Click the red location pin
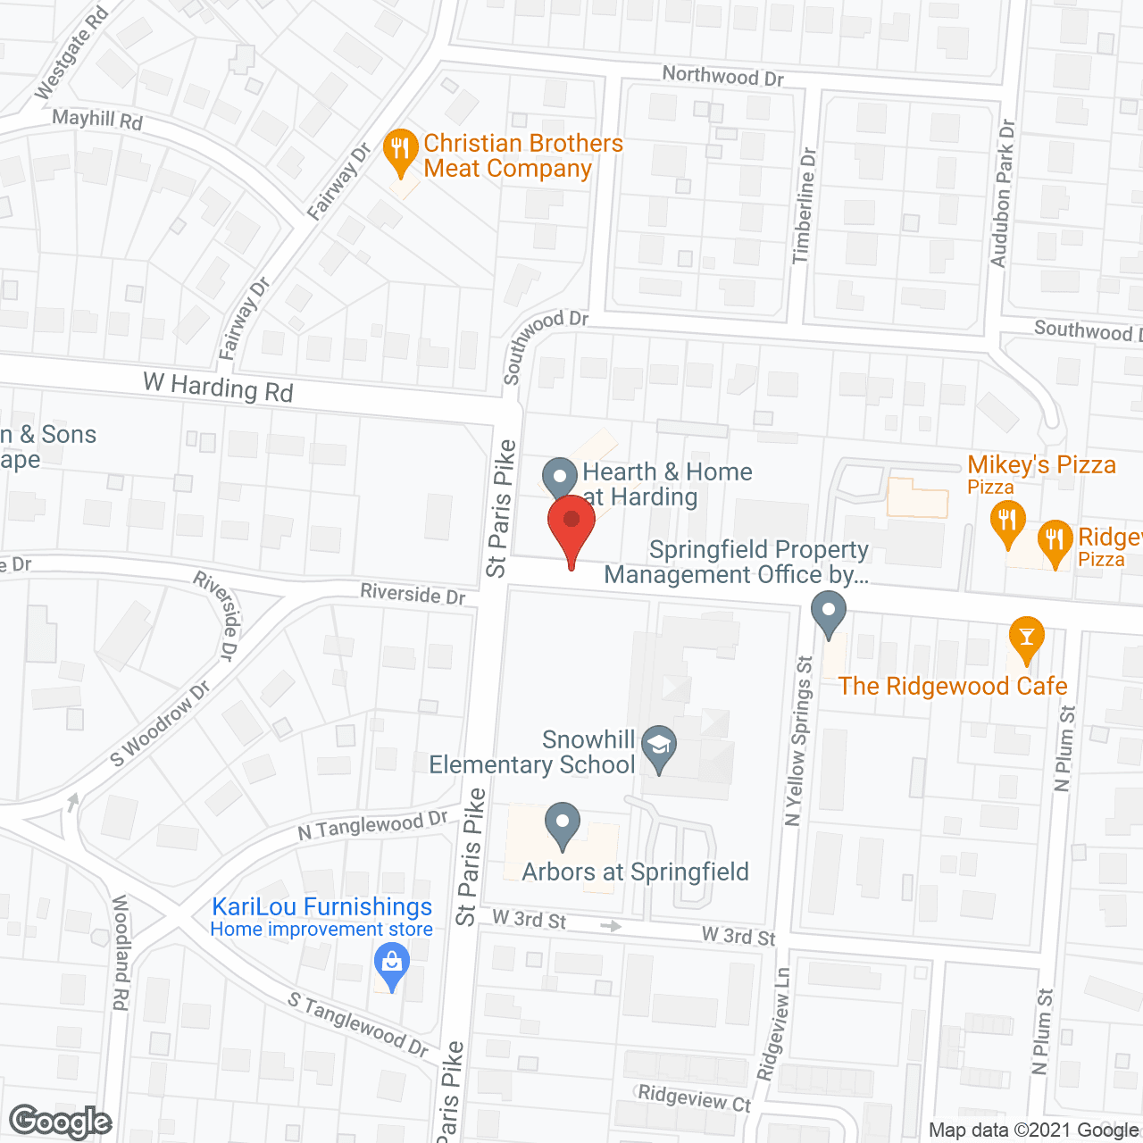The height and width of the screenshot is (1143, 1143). click(571, 527)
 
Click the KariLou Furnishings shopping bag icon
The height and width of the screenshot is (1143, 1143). click(390, 964)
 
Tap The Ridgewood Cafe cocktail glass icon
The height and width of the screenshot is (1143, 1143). click(1026, 638)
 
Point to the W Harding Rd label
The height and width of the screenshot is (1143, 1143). click(218, 388)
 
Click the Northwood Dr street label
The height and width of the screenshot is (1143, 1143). click(722, 76)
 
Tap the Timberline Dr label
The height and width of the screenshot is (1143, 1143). click(804, 205)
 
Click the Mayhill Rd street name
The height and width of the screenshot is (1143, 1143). click(96, 119)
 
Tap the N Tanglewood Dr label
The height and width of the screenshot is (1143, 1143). click(372, 825)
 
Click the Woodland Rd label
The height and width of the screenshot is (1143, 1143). click(120, 953)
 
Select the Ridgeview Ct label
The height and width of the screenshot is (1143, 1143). click(694, 1097)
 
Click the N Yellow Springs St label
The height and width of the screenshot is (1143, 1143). click(798, 741)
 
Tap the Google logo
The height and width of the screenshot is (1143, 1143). click(61, 1122)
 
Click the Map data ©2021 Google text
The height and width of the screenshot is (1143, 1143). click(1034, 1130)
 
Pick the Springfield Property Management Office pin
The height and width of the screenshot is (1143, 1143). click(829, 615)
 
